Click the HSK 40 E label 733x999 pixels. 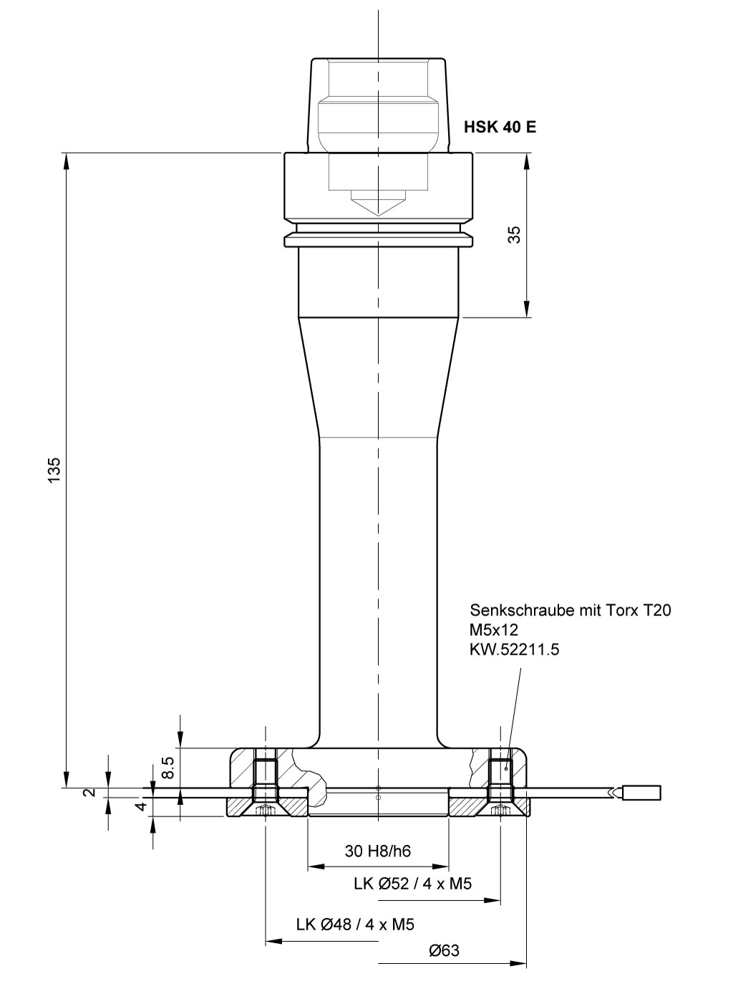(500, 127)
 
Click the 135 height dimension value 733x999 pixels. (54, 470)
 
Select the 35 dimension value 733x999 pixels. (514, 235)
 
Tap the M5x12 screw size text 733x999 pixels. (494, 629)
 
